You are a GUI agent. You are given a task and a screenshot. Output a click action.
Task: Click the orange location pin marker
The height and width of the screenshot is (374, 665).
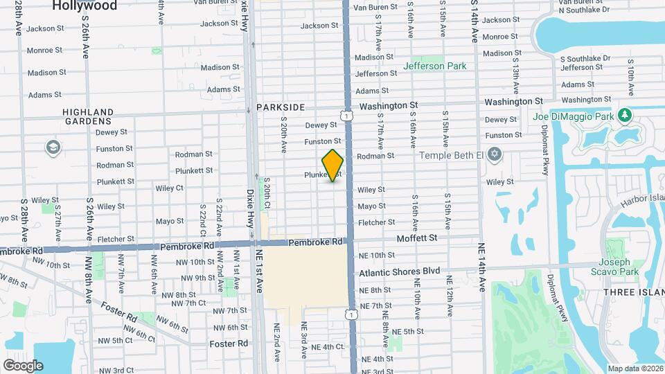(x=333, y=166)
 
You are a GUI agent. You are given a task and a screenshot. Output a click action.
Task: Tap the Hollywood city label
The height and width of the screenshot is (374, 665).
(x=85, y=6)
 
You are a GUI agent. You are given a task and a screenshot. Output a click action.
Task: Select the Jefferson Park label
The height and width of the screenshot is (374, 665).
(x=436, y=66)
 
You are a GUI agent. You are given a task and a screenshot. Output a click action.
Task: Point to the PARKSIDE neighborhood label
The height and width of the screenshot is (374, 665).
(x=281, y=107)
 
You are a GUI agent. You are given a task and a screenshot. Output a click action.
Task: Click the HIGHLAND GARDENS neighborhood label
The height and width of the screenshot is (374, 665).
(x=88, y=116)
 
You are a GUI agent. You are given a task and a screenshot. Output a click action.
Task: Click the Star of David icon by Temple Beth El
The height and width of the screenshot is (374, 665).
(x=494, y=154)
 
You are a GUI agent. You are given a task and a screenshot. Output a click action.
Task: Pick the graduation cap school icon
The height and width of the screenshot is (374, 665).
(x=53, y=147)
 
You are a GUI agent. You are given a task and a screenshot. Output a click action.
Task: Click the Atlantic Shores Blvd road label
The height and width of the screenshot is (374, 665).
(x=400, y=271)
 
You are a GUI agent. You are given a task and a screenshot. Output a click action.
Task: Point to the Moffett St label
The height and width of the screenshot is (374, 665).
(x=417, y=238)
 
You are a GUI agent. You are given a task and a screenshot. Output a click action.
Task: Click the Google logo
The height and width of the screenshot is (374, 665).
(x=23, y=365)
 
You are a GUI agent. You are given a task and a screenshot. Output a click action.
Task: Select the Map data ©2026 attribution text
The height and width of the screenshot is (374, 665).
(x=635, y=368)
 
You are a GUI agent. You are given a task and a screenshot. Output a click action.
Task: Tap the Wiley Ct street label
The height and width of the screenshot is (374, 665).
(x=170, y=188)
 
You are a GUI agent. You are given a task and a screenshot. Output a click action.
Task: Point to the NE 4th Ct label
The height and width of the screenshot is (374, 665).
(x=328, y=347)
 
